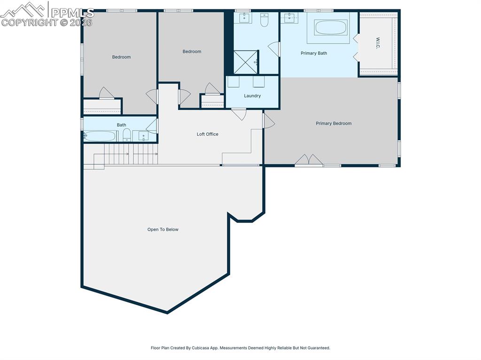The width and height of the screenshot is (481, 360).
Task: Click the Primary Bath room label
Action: [314, 53]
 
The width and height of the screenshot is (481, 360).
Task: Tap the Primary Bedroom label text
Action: [334, 123]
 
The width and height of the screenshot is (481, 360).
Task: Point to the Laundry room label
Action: [252, 96]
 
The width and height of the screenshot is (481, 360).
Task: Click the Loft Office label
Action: [207, 134]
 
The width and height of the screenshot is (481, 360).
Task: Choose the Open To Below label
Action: [163, 230]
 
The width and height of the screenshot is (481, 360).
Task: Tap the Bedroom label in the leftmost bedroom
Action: [121, 57]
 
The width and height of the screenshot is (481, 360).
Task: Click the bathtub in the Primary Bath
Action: [331, 27]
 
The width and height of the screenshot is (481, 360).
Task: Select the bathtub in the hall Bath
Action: [100, 136]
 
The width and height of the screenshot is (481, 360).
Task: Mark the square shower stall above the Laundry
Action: [246, 62]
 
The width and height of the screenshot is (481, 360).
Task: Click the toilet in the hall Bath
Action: [126, 135]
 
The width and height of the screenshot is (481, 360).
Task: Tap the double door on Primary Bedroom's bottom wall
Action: [309, 161]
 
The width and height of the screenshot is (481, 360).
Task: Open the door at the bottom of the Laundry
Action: [239, 114]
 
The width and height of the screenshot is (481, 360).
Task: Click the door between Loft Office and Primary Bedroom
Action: [269, 121]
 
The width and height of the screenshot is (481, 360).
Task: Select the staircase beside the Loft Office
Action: [130, 154]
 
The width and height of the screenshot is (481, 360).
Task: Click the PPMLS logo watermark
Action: [47, 14]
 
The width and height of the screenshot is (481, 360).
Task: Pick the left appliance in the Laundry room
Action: [234, 82]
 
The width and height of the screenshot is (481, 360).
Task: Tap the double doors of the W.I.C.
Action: [356, 47]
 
